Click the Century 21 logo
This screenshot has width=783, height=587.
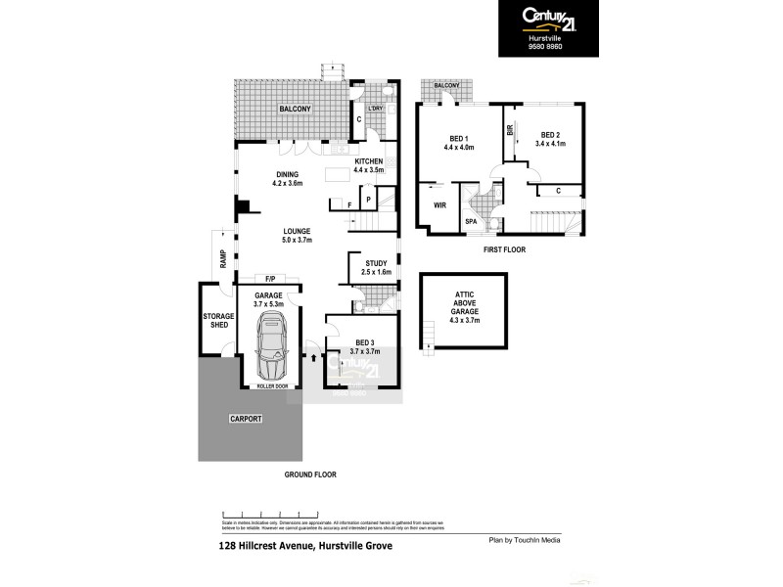(548, 18)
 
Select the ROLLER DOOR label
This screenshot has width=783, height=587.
(272, 386)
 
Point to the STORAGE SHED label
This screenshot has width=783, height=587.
(216, 322)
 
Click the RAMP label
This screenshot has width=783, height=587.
(223, 259)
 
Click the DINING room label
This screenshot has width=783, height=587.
(289, 174)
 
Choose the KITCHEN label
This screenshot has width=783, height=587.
(368, 160)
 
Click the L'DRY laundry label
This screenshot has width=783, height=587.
(374, 108)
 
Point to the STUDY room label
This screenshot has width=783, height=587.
(376, 263)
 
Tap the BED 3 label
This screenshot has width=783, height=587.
(355, 341)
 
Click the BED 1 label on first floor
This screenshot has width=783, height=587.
(459, 138)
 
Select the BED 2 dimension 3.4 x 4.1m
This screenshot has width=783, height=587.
(550, 144)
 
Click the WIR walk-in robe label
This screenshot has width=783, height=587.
(439, 206)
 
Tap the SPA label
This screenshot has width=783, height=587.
(471, 222)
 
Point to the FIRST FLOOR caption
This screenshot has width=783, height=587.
(504, 250)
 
